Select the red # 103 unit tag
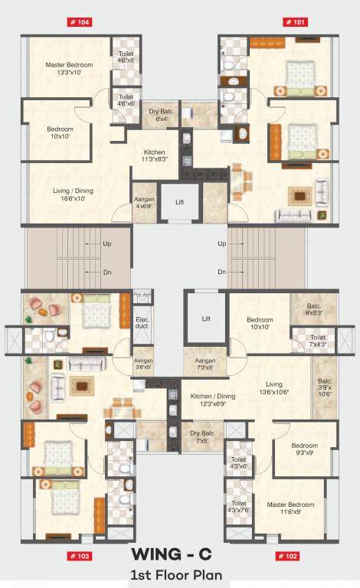pos(80,556)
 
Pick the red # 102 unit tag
pos(287,556)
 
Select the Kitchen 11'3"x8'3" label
pos(154,156)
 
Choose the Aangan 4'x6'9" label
pos(144,202)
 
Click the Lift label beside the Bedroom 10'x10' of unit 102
pos(205,318)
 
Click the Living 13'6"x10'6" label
pos(275,388)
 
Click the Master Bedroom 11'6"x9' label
pos(290,508)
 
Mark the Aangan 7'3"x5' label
pos(205,364)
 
